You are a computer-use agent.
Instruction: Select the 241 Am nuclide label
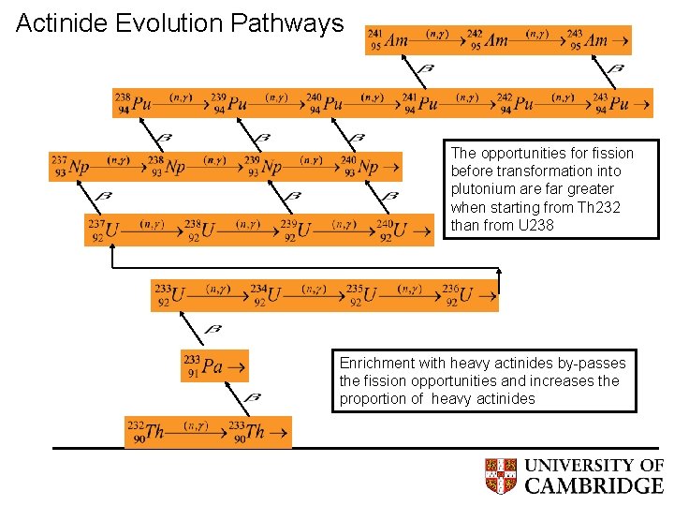[x=388, y=40]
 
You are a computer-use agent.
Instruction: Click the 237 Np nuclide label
[x=71, y=167]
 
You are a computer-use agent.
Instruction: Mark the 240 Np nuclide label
[x=361, y=167]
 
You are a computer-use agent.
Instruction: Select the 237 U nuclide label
[x=104, y=230]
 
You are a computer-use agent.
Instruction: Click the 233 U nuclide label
[x=170, y=295]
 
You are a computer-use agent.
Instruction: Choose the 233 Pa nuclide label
[x=204, y=365]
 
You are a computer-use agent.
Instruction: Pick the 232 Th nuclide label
[x=145, y=432]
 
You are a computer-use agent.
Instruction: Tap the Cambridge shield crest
[x=501, y=476]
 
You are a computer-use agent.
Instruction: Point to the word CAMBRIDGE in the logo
[x=593, y=485]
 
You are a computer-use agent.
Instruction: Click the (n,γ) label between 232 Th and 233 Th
[x=197, y=426]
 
